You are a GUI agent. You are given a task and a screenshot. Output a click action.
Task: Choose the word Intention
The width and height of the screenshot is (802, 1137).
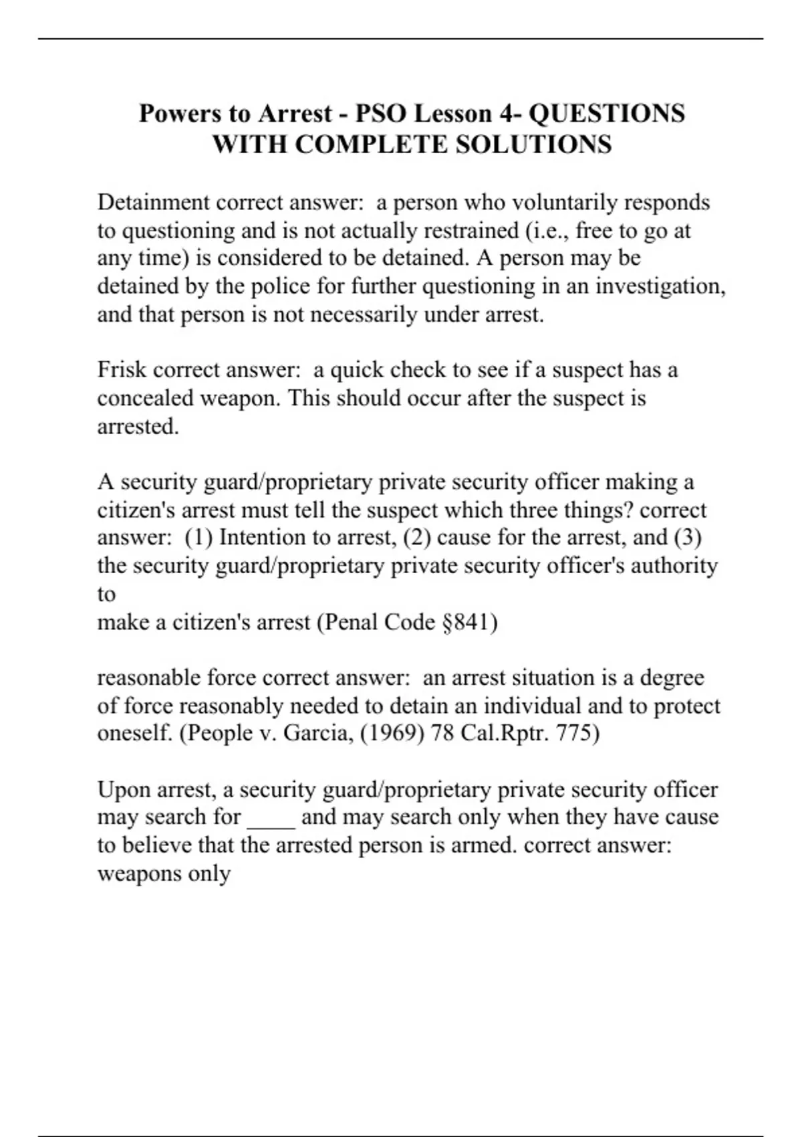(x=273, y=538)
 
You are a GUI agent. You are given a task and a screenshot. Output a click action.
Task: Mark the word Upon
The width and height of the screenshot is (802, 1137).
(x=124, y=790)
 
